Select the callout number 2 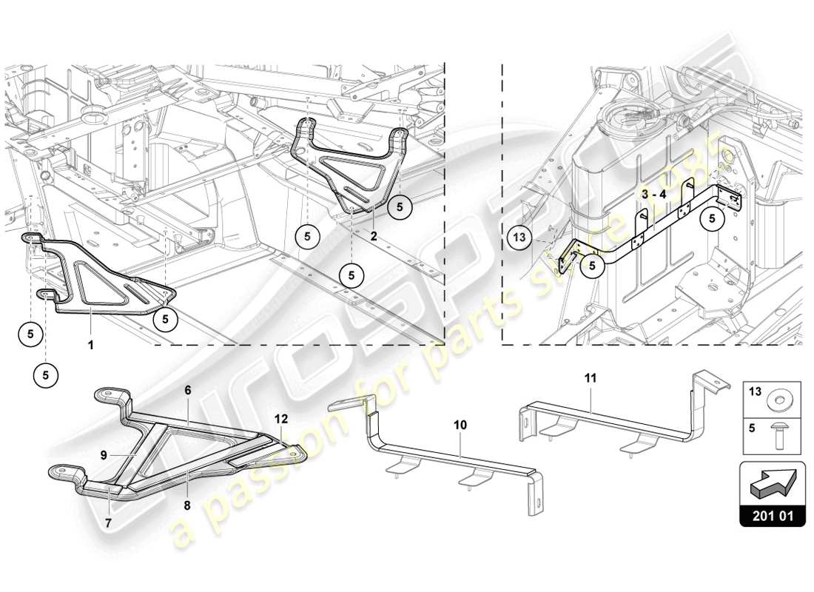tap(374, 236)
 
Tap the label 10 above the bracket tap(460, 425)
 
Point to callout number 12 tap(280, 418)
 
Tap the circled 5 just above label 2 tap(400, 207)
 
